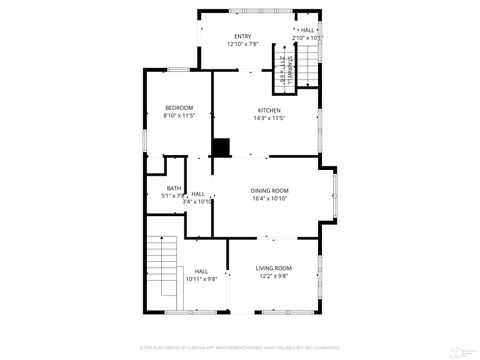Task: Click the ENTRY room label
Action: click(243, 37)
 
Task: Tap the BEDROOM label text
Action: click(179, 108)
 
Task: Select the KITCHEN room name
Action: click(270, 110)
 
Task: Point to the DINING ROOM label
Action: click(270, 190)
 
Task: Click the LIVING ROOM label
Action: click(273, 268)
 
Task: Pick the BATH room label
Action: click(174, 188)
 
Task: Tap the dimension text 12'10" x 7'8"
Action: click(243, 45)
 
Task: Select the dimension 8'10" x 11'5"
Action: click(179, 116)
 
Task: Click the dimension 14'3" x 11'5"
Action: click(270, 118)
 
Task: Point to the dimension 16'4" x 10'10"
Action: click(270, 198)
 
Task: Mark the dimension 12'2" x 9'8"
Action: click(273, 276)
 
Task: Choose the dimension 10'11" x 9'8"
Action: click(201, 279)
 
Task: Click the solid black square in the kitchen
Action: click(220, 148)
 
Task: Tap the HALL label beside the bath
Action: click(198, 193)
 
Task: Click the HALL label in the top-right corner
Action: click(307, 30)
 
